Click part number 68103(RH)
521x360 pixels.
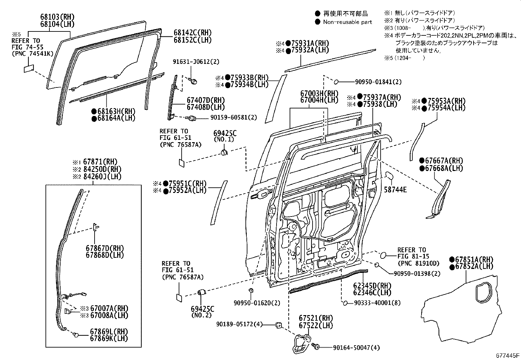point(57,17)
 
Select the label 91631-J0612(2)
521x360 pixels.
point(196,62)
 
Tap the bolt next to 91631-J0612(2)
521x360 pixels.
point(193,81)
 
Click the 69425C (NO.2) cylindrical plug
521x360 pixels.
point(201,293)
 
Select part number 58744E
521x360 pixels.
point(395,189)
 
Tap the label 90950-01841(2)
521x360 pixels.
point(378,82)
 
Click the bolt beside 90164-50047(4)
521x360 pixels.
point(316,346)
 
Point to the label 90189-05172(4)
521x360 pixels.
point(239,324)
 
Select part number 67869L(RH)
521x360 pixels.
point(109,332)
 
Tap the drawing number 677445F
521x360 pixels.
point(507,355)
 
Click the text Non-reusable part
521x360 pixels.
point(347,22)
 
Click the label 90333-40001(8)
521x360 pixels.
point(377,303)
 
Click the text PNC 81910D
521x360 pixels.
point(419,263)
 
